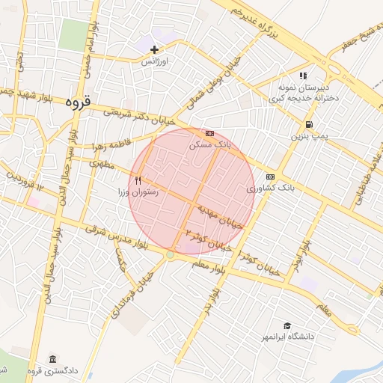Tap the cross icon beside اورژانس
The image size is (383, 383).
(154, 49)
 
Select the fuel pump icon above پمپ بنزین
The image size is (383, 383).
(309, 124)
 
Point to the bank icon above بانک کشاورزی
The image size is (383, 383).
(269, 177)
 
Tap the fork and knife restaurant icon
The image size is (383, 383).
(138, 180)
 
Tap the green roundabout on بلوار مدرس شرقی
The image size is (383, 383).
(170, 255)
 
